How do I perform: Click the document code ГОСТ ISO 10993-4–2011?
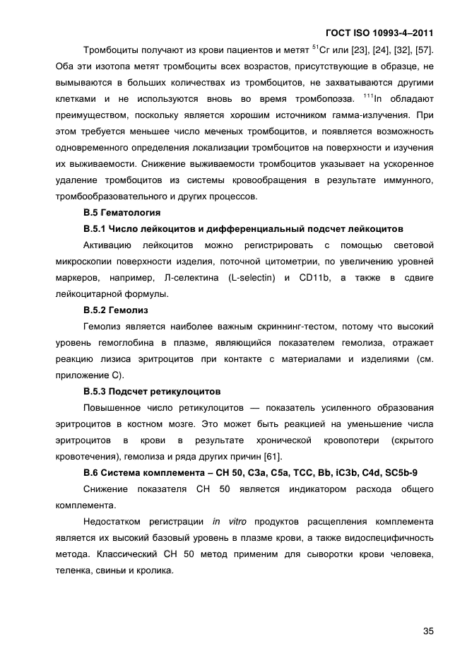click(x=379, y=33)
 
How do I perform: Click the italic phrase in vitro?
click(x=227, y=522)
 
